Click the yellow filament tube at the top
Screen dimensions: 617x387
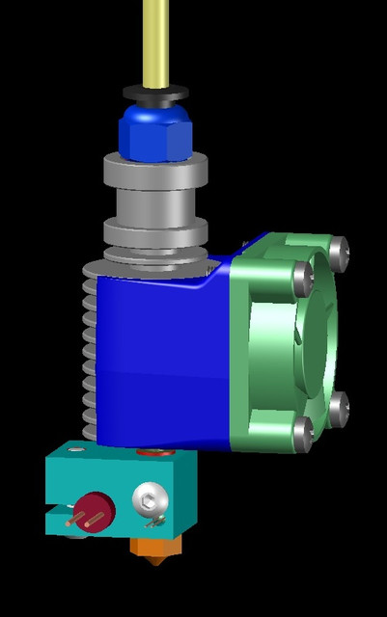pos(155,39)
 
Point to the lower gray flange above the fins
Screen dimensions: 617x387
pos(154,232)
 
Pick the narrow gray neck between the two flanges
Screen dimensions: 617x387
pos(154,204)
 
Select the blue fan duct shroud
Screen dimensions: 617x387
pos(159,357)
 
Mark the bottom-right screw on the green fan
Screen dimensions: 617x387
pos(338,409)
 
